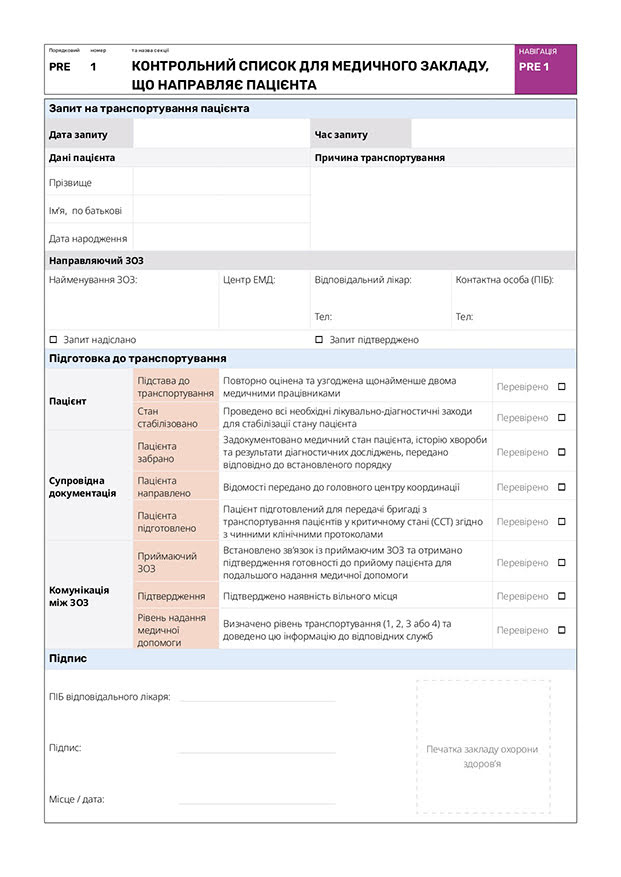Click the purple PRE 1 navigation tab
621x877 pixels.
(545, 68)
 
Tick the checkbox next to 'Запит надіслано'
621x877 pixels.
(53, 340)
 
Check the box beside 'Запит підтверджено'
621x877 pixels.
(319, 340)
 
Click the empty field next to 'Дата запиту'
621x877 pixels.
(220, 134)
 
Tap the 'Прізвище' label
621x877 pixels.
(70, 183)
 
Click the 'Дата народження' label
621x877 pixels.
(88, 239)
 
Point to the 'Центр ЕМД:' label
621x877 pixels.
(249, 280)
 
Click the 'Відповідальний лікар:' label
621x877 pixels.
(362, 280)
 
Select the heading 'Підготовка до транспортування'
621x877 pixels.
(137, 358)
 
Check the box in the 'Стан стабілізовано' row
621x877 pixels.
(561, 417)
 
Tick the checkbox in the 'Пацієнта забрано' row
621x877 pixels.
(561, 452)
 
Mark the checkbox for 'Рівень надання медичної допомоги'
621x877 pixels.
(561, 630)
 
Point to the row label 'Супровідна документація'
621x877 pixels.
(82, 486)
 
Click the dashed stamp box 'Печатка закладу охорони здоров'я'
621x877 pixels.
(483, 748)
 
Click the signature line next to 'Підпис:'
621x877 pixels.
(257, 750)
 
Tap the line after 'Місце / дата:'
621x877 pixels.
(257, 802)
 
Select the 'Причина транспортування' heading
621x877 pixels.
(379, 158)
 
